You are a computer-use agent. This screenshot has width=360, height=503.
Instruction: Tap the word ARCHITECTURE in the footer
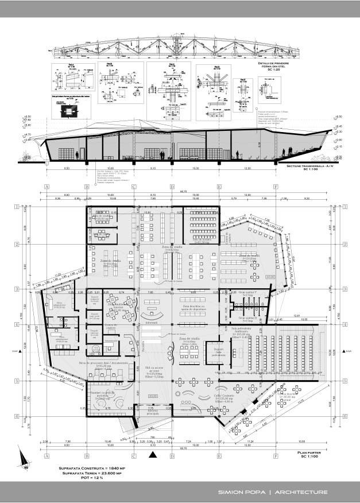(x=302, y=492)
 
